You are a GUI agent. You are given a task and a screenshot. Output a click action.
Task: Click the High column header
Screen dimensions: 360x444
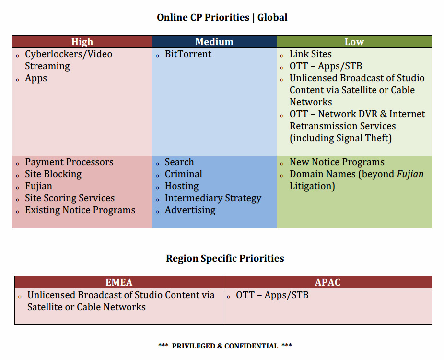(82, 42)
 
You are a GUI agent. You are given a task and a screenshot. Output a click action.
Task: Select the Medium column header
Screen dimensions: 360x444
(214, 42)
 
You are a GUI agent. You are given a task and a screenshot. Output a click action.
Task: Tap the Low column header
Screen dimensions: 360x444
(354, 42)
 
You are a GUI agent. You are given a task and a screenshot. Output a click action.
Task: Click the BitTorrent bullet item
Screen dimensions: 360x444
(188, 54)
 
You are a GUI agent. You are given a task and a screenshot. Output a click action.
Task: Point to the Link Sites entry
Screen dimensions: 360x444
(310, 54)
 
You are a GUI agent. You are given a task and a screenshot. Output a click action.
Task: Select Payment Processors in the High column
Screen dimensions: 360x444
(69, 162)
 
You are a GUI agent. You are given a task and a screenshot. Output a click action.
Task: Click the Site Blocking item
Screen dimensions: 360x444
(53, 174)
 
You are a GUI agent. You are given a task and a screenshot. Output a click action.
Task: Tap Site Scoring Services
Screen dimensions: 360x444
(70, 198)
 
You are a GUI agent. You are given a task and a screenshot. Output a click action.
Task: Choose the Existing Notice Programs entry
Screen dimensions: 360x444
(80, 210)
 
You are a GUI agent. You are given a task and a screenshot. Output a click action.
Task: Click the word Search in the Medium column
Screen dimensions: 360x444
(179, 162)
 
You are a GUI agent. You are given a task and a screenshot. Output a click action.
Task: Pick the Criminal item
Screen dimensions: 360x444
(183, 174)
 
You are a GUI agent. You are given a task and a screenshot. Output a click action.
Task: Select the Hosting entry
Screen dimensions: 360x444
(181, 186)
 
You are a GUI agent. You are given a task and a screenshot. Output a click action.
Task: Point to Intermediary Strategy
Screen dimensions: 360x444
(213, 198)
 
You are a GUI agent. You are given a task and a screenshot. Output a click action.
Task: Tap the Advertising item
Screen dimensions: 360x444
(190, 210)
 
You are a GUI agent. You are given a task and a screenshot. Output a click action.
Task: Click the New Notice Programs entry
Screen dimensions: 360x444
(337, 162)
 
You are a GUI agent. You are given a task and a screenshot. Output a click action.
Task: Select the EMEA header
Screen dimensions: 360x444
(119, 282)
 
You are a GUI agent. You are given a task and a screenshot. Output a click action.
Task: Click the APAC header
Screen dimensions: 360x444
(327, 282)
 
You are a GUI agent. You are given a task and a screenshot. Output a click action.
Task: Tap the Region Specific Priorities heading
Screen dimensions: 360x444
(225, 258)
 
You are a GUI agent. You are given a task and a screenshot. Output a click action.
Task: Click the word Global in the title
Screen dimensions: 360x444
(272, 18)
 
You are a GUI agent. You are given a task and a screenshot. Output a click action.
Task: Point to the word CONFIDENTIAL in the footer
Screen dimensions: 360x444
(251, 346)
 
